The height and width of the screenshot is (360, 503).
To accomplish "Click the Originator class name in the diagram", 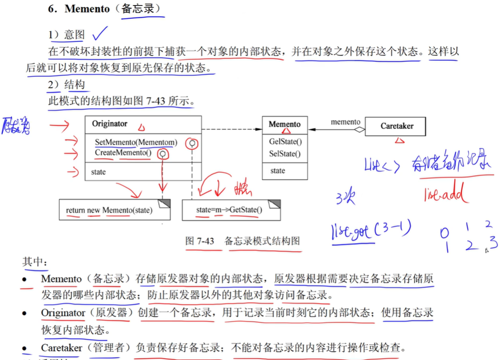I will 110,123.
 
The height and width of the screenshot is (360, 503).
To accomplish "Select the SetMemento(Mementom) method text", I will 136,142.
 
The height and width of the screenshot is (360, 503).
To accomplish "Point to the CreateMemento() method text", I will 123,152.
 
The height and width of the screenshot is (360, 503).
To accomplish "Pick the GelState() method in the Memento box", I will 285,142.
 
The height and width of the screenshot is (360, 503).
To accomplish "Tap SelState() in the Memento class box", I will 284,154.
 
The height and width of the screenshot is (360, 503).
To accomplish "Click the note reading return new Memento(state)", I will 109,210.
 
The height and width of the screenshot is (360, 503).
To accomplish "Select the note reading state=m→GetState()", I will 229,210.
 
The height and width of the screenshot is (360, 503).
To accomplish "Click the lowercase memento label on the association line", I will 345,122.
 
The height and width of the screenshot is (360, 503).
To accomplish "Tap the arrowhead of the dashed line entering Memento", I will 259,130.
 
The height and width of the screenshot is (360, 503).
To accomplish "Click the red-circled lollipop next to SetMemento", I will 191,144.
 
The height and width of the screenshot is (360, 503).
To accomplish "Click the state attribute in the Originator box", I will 98,172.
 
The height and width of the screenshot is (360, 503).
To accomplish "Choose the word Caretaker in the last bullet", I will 61,348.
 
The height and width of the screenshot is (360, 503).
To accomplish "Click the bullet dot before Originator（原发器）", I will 25,314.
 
